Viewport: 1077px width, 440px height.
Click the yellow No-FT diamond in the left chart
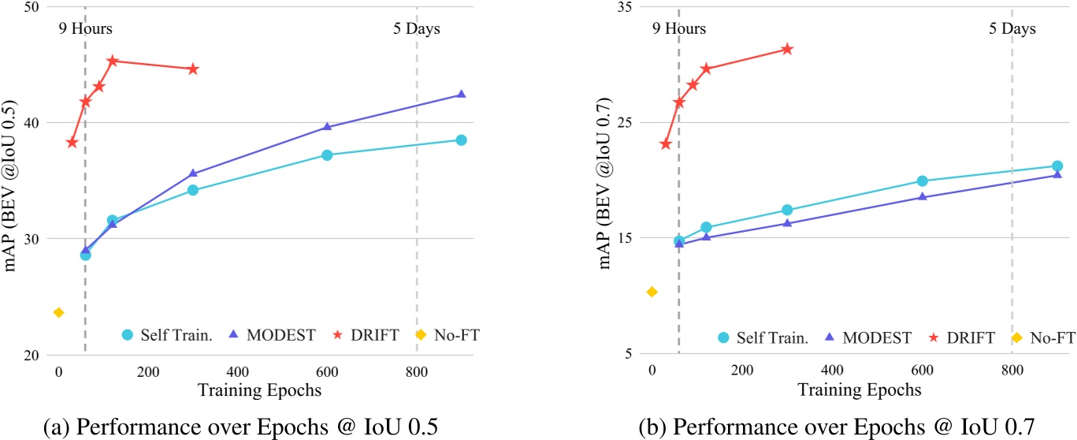point(58,313)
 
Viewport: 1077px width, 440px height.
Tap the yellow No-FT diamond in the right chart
point(652,293)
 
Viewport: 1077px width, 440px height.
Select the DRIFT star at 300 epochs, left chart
point(193,69)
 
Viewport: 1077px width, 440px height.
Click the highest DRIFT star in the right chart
point(786,50)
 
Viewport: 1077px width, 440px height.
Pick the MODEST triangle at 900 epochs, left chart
point(462,95)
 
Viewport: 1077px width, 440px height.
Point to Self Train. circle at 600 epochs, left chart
point(327,155)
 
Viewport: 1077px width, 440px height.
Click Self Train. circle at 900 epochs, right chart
point(1057,166)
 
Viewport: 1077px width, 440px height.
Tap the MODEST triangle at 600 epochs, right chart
point(922,196)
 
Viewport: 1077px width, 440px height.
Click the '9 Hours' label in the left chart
point(86,29)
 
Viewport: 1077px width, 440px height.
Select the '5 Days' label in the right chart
point(1012,29)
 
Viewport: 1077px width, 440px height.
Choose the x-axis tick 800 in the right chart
point(1012,371)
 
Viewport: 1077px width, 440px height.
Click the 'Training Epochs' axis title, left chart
point(259,390)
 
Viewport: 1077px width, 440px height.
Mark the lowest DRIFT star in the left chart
point(72,143)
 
